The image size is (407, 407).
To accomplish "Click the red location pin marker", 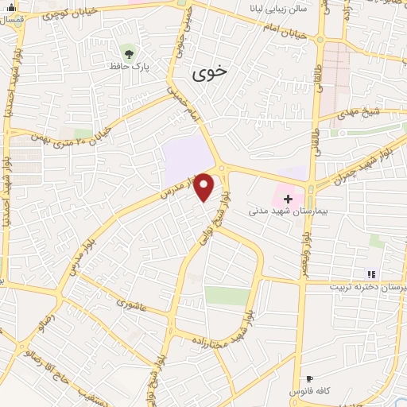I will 204,188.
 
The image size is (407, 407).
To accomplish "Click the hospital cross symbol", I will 288,198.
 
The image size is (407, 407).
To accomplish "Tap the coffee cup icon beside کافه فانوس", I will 309,378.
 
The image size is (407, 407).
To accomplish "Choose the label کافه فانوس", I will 309,392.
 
